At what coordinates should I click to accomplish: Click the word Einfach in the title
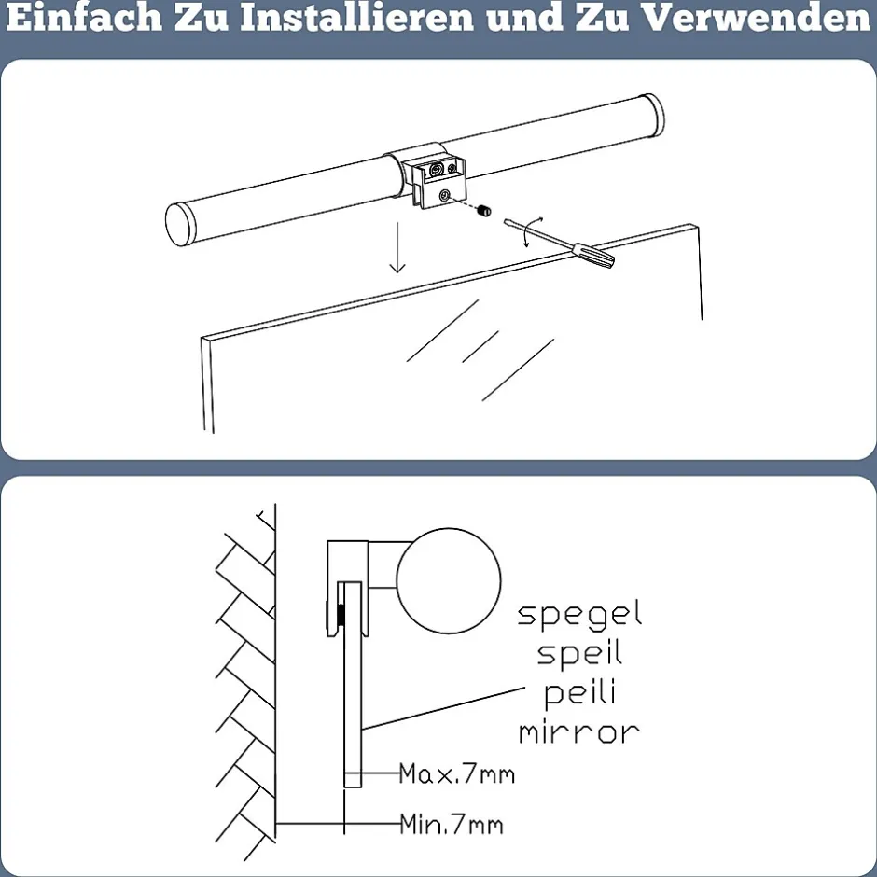(84, 17)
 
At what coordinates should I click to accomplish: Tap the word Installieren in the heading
(357, 17)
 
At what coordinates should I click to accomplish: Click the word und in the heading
(524, 18)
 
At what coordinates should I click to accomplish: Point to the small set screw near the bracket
(485, 211)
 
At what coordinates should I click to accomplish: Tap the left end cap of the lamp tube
(180, 224)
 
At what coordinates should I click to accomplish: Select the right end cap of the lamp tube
(652, 116)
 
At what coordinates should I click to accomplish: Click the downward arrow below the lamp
(397, 247)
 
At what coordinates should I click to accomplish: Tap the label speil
(579, 653)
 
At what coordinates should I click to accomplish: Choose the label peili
(579, 694)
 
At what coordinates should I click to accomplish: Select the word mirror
(579, 731)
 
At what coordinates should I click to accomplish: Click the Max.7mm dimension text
(457, 774)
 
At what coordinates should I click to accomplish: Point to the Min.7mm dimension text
(452, 824)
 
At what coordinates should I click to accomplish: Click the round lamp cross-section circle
(449, 580)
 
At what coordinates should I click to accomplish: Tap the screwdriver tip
(507, 222)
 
